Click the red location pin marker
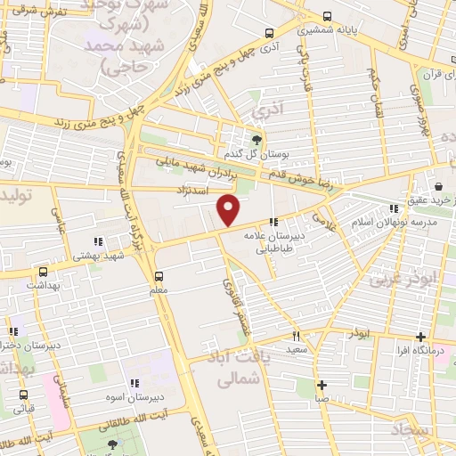click(x=229, y=210)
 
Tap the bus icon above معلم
click(x=159, y=276)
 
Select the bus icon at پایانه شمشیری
click(x=328, y=16)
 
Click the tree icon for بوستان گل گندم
click(x=257, y=139)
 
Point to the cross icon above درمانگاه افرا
click(x=420, y=337)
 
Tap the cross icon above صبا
click(x=321, y=385)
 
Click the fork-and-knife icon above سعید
click(x=297, y=337)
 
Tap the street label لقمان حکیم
click(x=371, y=87)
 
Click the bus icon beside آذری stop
click(x=269, y=32)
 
